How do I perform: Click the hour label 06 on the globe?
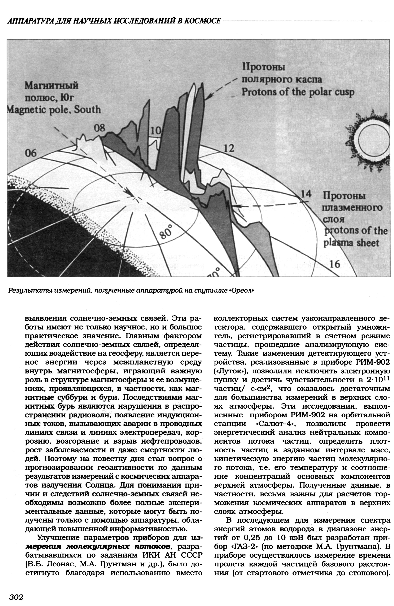click(31, 153)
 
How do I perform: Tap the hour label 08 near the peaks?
click(99, 128)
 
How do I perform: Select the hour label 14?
click(306, 194)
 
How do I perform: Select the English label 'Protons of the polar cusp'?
click(298, 92)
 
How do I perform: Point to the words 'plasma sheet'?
click(351, 243)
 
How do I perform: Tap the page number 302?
click(16, 597)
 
